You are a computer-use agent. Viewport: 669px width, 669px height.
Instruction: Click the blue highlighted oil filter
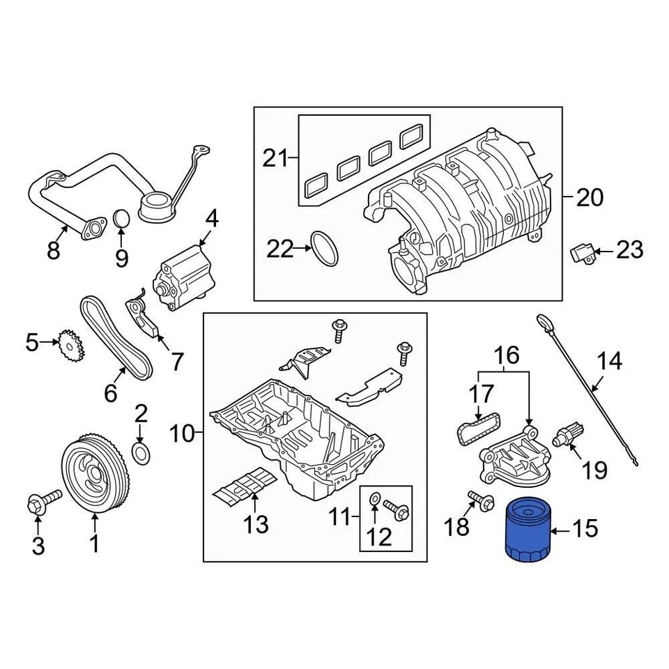point(526,529)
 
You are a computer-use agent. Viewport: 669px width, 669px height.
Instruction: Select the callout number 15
point(585,529)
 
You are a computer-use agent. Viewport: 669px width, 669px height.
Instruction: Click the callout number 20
point(590,198)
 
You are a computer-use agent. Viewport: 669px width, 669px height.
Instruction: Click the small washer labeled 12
point(374,498)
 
